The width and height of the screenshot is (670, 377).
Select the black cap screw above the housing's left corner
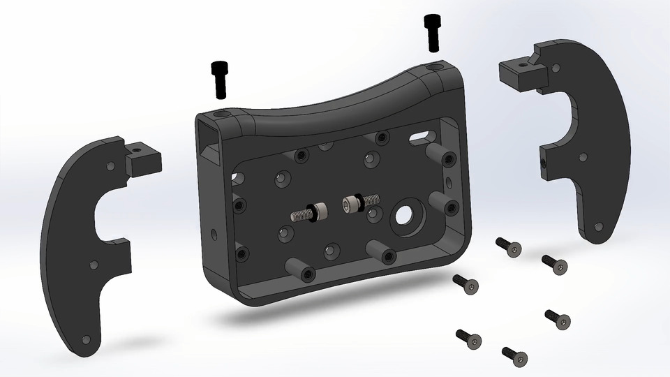point(220,79)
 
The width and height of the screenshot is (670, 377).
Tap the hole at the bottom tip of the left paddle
point(86,339)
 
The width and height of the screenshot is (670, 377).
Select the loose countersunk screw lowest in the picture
point(514,355)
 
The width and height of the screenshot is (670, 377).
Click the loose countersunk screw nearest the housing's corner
point(466,283)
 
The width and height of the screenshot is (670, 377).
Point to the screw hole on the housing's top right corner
point(437,66)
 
